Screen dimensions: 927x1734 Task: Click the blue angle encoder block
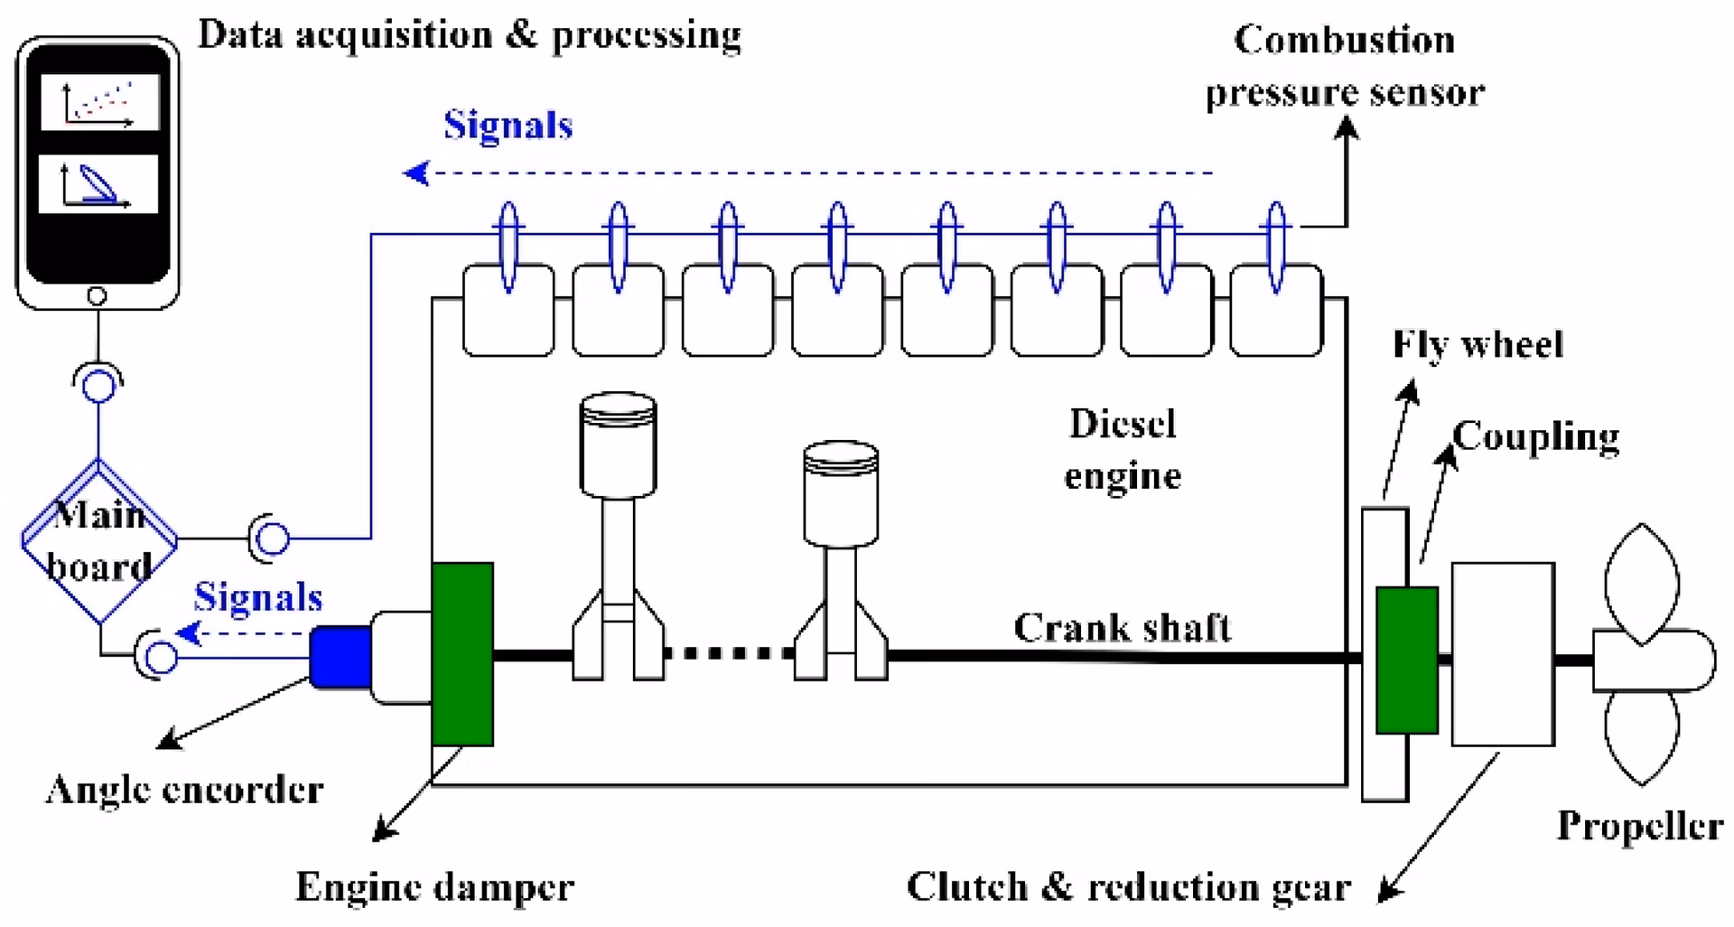(x=340, y=656)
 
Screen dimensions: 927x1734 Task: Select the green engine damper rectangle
(x=462, y=654)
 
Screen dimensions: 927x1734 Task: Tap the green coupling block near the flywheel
(x=1406, y=660)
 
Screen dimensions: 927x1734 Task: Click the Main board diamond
(x=98, y=540)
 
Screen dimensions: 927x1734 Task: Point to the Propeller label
(x=1639, y=826)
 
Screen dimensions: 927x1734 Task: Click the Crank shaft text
(x=1122, y=627)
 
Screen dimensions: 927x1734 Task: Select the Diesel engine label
(x=1123, y=449)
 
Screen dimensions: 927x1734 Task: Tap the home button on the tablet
(x=97, y=295)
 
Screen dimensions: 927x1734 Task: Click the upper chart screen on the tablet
(x=99, y=103)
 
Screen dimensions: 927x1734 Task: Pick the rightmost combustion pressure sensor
(x=1276, y=248)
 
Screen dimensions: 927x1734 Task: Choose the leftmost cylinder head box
(x=508, y=310)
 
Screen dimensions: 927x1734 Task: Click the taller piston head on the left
(x=618, y=444)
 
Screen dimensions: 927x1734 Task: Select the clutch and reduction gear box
(x=1502, y=654)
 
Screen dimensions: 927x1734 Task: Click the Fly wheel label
(x=1478, y=344)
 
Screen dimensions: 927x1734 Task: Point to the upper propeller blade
(x=1641, y=583)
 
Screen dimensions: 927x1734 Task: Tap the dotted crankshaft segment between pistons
(x=730, y=652)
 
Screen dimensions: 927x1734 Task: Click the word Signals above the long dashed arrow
(x=508, y=126)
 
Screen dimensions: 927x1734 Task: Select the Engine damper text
(x=434, y=887)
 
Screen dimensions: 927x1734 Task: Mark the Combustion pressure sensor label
(x=1344, y=66)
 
